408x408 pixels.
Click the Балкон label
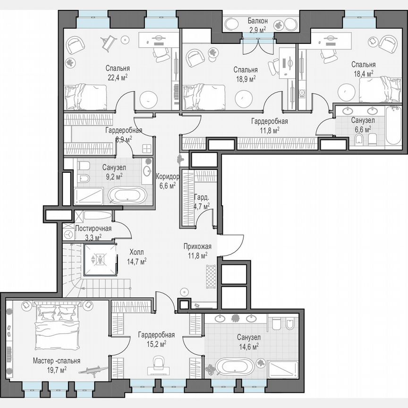coord(258,21)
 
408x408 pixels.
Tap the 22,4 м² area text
coord(118,77)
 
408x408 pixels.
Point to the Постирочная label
coord(93,229)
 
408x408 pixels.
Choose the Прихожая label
coord(197,246)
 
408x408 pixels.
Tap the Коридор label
coord(167,177)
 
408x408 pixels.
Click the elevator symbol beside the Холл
coord(100,259)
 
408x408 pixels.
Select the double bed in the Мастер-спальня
coord(57,326)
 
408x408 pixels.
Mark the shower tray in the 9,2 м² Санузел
coord(88,195)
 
